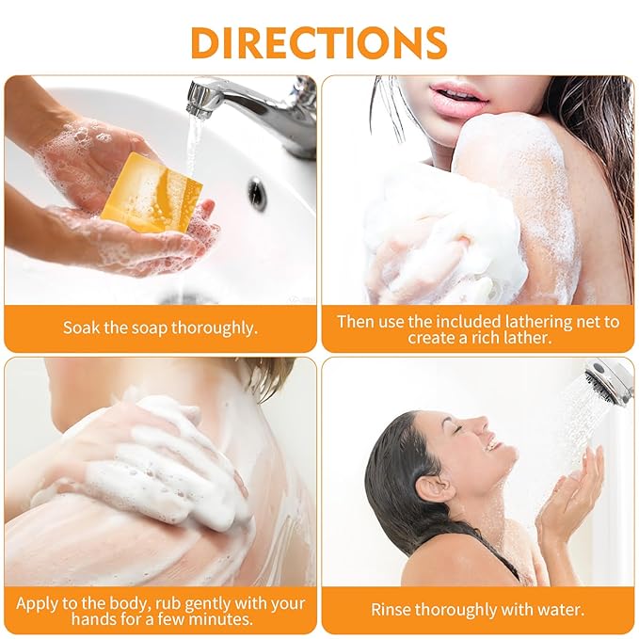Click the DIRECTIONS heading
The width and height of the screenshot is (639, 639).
[x=319, y=42]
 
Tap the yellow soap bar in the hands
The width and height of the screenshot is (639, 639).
[x=152, y=193]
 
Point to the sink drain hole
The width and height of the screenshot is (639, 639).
[x=257, y=193]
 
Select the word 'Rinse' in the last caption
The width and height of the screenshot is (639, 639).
[x=391, y=610]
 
